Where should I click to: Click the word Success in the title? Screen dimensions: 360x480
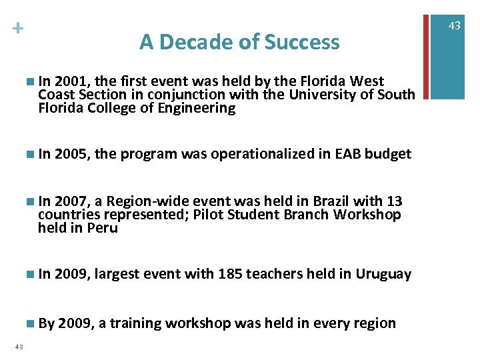coord(302,42)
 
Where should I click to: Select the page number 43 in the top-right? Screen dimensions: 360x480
coord(455,25)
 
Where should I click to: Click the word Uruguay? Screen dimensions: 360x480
coord(383,273)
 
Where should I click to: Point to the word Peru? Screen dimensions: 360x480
coord(105,228)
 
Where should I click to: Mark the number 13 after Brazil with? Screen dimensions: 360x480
coord(395,201)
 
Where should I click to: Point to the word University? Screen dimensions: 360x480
coord(322,95)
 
